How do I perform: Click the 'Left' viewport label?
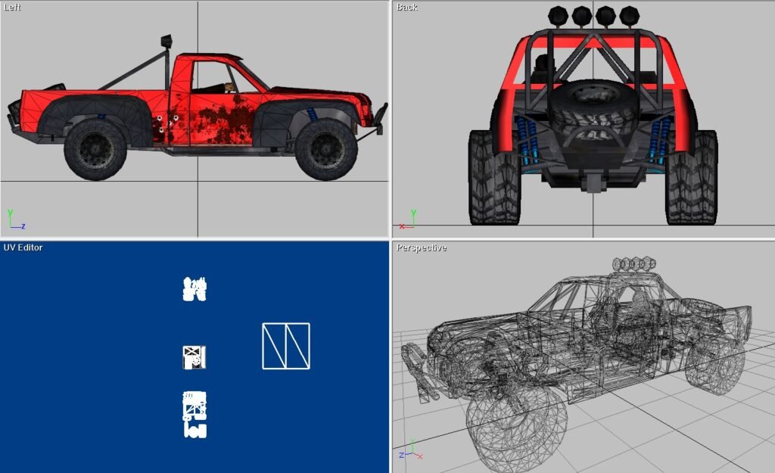[x=12, y=8]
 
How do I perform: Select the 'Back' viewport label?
[x=406, y=8]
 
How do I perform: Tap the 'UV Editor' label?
[x=23, y=247]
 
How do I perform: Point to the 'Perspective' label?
[x=421, y=247]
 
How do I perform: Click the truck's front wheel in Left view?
[x=327, y=149]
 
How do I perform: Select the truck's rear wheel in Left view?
[x=95, y=149]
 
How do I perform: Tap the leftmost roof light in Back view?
[x=558, y=17]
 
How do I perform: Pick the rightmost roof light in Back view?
[x=629, y=17]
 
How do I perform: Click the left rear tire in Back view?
[x=494, y=177]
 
